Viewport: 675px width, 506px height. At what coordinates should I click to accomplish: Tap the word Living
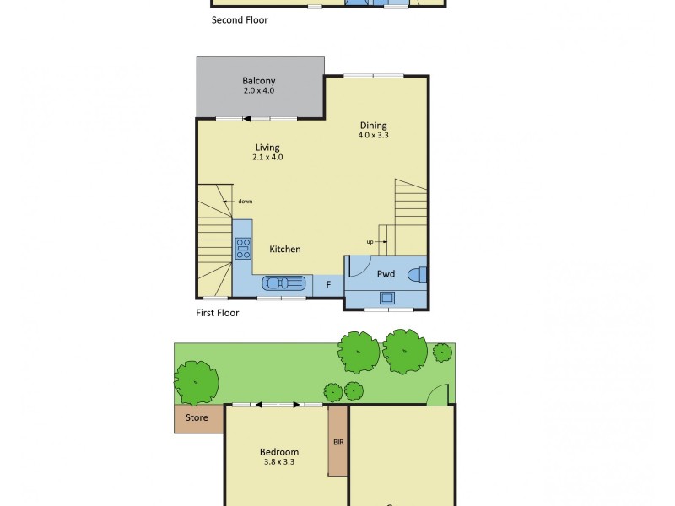point(267,148)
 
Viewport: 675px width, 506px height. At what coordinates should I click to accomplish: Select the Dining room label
point(372,126)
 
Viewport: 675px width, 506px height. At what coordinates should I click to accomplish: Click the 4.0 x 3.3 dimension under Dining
point(372,135)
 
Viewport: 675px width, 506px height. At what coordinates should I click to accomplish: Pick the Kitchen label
point(284,249)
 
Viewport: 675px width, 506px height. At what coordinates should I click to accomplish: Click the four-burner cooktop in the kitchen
point(243,248)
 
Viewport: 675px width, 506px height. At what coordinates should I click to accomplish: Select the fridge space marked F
point(328,285)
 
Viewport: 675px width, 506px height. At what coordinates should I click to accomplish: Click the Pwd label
point(386,273)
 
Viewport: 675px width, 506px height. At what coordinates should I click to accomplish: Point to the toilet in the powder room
point(418,274)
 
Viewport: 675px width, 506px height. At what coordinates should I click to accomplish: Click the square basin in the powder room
point(386,297)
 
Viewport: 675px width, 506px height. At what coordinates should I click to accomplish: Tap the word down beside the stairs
point(245,201)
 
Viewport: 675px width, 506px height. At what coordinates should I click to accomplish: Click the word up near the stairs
point(370,242)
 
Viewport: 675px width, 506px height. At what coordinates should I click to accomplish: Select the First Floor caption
point(217,313)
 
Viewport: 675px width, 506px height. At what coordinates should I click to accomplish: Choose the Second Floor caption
point(240,19)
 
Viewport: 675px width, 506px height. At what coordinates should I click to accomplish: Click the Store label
point(191,418)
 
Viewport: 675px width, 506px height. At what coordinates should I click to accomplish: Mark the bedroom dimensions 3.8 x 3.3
point(279,462)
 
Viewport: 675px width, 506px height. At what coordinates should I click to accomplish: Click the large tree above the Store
point(197,382)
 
